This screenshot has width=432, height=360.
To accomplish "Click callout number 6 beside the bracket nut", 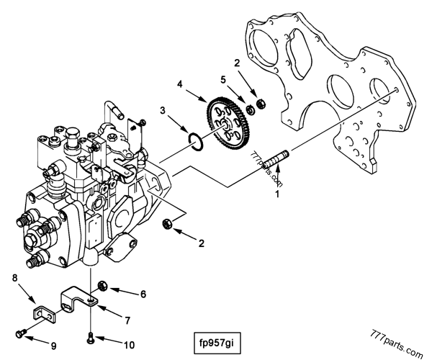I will tap(142, 293).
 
